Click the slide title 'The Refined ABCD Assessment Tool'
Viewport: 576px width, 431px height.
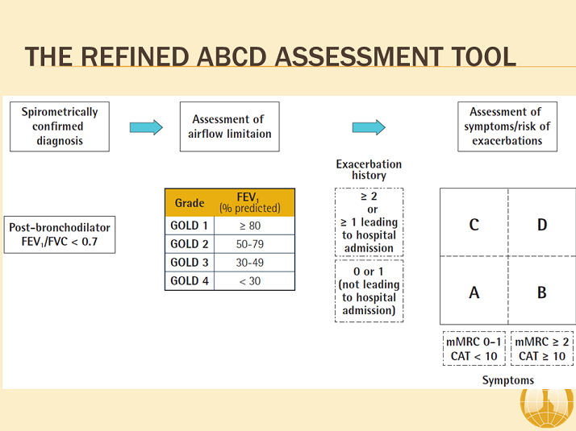tap(270, 56)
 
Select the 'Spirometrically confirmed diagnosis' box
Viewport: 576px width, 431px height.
tap(59, 126)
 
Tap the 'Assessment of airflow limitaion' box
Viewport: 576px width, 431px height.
tap(228, 126)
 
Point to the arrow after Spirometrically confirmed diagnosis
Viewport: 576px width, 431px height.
tap(146, 126)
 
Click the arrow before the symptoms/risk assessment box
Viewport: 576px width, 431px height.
tap(369, 127)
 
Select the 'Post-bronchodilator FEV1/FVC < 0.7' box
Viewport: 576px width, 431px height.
tap(61, 234)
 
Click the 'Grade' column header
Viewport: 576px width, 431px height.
tap(190, 203)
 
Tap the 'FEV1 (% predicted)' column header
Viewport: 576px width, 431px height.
tap(254, 202)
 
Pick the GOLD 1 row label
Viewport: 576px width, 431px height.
tap(190, 226)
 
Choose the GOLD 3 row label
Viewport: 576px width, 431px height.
tap(190, 263)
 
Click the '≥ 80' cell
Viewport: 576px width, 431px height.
tap(254, 226)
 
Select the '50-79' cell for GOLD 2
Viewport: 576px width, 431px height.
tap(254, 244)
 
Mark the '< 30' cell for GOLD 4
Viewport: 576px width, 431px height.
tap(254, 280)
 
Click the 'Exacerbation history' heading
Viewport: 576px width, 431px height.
tap(369, 169)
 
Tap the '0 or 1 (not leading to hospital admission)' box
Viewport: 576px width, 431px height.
tap(369, 290)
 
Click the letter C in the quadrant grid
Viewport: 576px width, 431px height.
tap(474, 224)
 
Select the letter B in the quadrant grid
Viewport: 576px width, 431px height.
tap(541, 292)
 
